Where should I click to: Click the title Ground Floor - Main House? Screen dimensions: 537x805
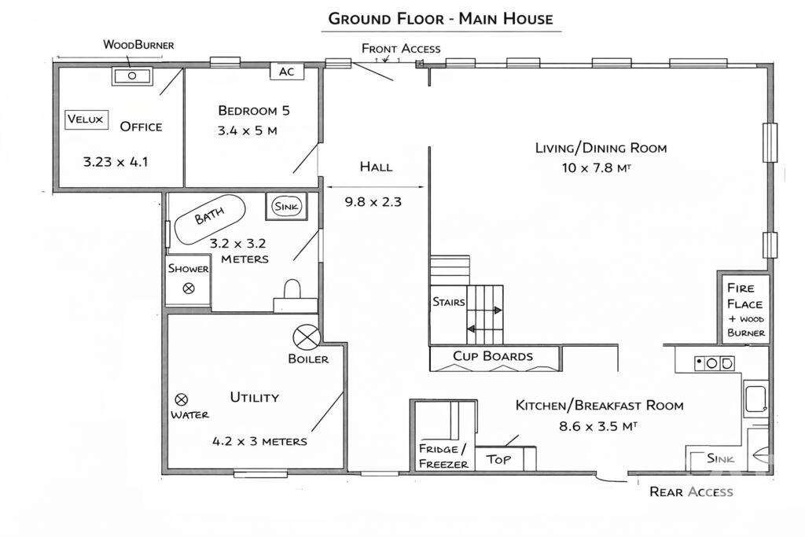click(x=440, y=18)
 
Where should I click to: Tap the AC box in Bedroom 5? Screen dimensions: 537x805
click(x=287, y=71)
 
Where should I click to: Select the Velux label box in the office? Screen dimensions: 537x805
click(x=85, y=120)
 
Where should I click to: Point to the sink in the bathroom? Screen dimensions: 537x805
click(x=286, y=206)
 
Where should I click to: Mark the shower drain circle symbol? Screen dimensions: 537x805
click(x=189, y=289)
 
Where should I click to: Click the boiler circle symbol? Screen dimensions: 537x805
click(x=306, y=337)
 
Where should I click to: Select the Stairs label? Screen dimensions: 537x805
click(x=449, y=302)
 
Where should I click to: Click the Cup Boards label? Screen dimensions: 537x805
click(x=493, y=356)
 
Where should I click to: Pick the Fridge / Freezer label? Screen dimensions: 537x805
click(x=443, y=456)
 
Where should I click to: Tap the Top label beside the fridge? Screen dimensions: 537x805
click(x=498, y=459)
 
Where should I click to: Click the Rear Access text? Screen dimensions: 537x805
click(x=691, y=492)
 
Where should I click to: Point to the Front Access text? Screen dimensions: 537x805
click(x=401, y=49)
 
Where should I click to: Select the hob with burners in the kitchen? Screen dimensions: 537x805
click(x=714, y=363)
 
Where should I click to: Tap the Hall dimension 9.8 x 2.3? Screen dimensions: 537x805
click(x=373, y=202)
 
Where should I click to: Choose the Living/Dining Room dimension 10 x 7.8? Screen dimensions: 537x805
click(x=601, y=167)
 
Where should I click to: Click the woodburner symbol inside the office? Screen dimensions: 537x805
click(x=132, y=76)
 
